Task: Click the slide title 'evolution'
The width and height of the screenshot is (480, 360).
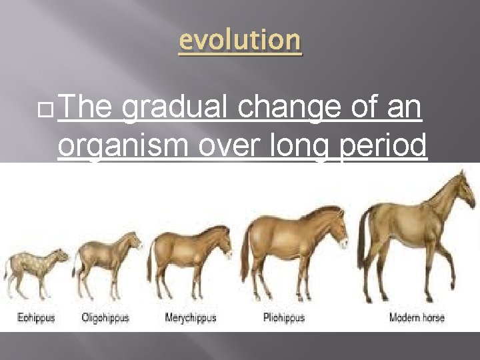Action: (x=240, y=41)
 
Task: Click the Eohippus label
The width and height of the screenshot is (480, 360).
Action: (x=36, y=317)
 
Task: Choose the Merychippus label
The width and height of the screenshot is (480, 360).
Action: (x=191, y=317)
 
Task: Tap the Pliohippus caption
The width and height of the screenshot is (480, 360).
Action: (x=284, y=317)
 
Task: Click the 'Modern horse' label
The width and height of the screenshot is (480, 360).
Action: (x=417, y=317)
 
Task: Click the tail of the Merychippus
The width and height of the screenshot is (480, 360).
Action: (x=151, y=260)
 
